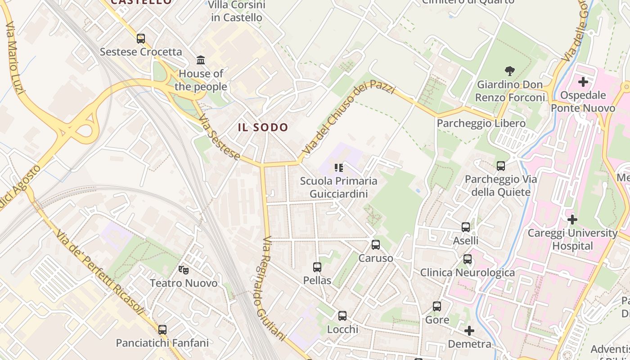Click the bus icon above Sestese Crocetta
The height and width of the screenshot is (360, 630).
tap(141, 39)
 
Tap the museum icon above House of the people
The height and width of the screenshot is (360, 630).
tap(201, 60)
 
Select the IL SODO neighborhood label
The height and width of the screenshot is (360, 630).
tap(263, 127)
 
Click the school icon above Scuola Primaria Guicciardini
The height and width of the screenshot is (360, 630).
tap(339, 168)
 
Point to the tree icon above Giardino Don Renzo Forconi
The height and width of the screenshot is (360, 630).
tap(510, 71)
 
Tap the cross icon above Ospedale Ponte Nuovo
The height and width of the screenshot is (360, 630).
tap(583, 82)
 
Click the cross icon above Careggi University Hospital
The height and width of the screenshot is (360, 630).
tap(572, 220)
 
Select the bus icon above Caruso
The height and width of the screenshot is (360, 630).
tap(376, 245)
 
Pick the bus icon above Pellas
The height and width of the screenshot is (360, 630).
tap(317, 267)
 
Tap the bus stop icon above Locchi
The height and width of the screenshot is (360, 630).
tap(342, 316)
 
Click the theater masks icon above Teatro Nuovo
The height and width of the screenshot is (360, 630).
tap(183, 270)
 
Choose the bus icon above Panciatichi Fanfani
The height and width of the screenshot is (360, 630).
tap(162, 329)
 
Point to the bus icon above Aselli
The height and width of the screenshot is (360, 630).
tap(466, 227)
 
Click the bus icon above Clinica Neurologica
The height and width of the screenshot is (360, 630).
tap(468, 259)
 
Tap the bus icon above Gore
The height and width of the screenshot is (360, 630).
tap(437, 306)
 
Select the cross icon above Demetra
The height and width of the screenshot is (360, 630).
tap(469, 331)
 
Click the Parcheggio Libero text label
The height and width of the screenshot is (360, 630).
tap(481, 123)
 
